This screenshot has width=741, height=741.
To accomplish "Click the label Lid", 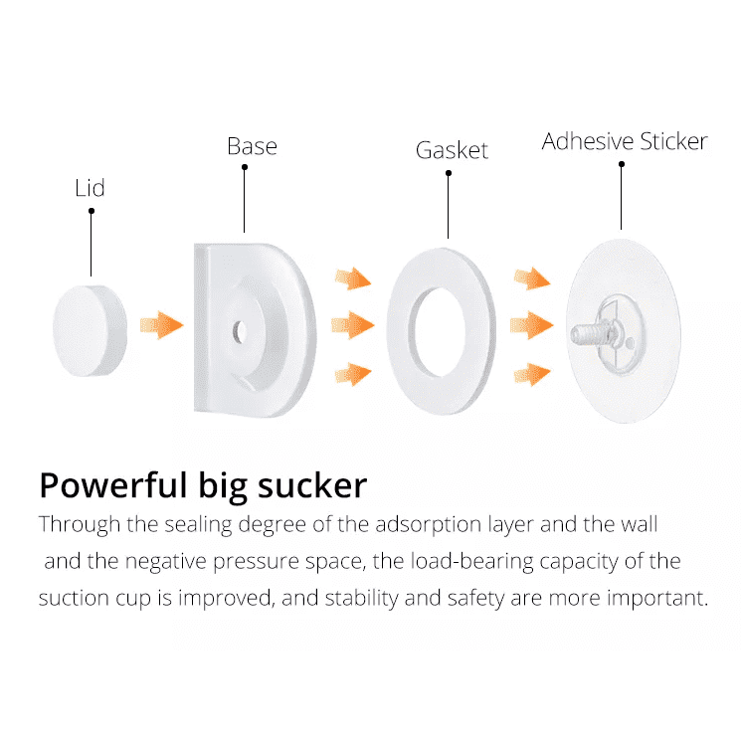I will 90,188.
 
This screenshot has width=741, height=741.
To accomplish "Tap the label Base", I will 252,146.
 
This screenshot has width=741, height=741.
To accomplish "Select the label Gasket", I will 452,150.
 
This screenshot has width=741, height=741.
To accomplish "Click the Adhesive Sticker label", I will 625,141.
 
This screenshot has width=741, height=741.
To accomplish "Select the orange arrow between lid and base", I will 162,324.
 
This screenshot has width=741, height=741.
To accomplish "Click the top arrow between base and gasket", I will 353,278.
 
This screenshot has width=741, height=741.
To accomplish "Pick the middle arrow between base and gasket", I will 353,324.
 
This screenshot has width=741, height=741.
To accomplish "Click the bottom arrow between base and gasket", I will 353,374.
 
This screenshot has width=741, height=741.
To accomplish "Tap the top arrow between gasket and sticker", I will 532,278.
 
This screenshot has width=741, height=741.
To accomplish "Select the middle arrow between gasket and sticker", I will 532,324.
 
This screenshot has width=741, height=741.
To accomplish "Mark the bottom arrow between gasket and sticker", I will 532,374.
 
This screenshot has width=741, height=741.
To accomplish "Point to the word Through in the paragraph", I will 77,523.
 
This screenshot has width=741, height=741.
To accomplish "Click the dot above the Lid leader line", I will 91,211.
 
